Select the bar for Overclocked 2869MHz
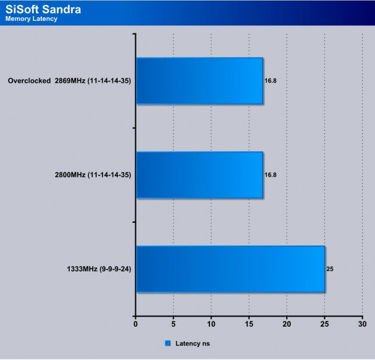tap(199, 80)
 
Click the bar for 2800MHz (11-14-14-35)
tap(199, 175)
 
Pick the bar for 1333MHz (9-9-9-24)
tap(230, 269)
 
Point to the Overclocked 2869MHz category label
tap(70, 81)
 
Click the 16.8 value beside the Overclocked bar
tap(271, 81)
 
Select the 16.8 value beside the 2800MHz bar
tap(271, 175)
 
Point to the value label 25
tap(330, 269)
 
